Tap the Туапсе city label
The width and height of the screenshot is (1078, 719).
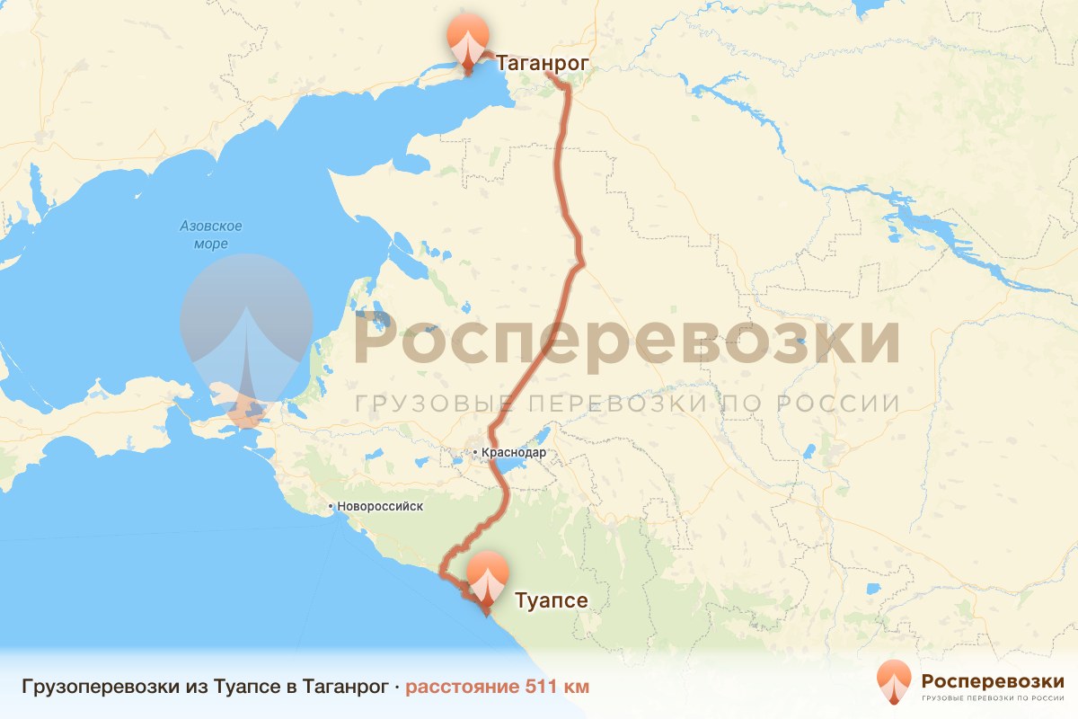(x=551, y=600)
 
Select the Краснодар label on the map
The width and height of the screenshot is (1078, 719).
(x=514, y=453)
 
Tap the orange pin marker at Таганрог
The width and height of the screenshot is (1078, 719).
(x=468, y=40)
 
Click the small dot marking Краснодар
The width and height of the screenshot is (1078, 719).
(x=475, y=453)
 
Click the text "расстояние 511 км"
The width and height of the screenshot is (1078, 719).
(x=498, y=688)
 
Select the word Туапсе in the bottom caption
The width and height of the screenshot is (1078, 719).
(x=245, y=688)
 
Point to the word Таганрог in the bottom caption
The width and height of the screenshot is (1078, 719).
(x=345, y=688)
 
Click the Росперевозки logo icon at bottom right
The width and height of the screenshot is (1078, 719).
(x=894, y=681)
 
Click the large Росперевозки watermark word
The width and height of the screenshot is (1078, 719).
(x=627, y=340)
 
